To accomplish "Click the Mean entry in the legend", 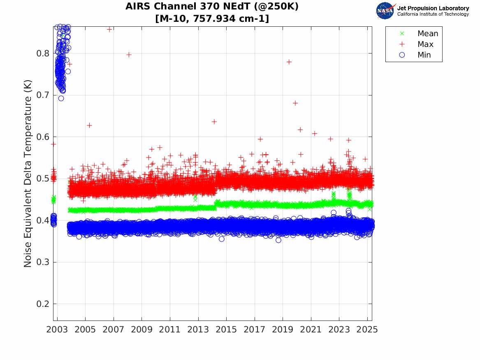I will (x=427, y=34).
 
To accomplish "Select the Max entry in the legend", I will (x=425, y=44).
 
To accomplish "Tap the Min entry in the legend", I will (x=424, y=55).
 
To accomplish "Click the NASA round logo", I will (x=385, y=11).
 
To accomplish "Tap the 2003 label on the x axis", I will (x=57, y=330).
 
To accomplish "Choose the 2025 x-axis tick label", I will (x=367, y=330).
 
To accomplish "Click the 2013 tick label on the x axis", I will (x=198, y=330).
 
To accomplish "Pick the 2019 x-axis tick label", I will (x=283, y=330).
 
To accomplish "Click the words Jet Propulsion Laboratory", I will (x=433, y=8).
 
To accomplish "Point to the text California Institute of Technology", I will (x=433, y=14).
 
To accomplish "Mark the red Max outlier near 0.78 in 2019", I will (x=289, y=62).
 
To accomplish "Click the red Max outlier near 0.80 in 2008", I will (x=129, y=54).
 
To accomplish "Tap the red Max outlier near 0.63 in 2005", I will (x=89, y=125).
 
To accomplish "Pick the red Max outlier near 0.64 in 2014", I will (x=214, y=121).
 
